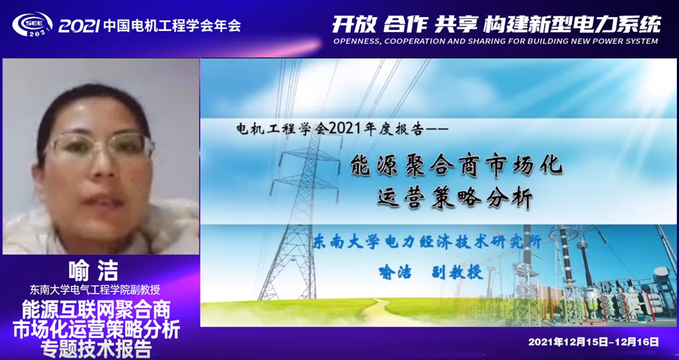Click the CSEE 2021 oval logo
[x=33, y=24]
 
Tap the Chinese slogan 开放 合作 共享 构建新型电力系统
[x=496, y=24]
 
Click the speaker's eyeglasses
[x=98, y=145]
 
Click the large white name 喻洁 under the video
[x=93, y=272]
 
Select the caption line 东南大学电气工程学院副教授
[x=95, y=289]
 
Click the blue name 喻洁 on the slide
[x=394, y=272]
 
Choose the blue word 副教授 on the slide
[x=457, y=272]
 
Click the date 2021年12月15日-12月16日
[x=593, y=342]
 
